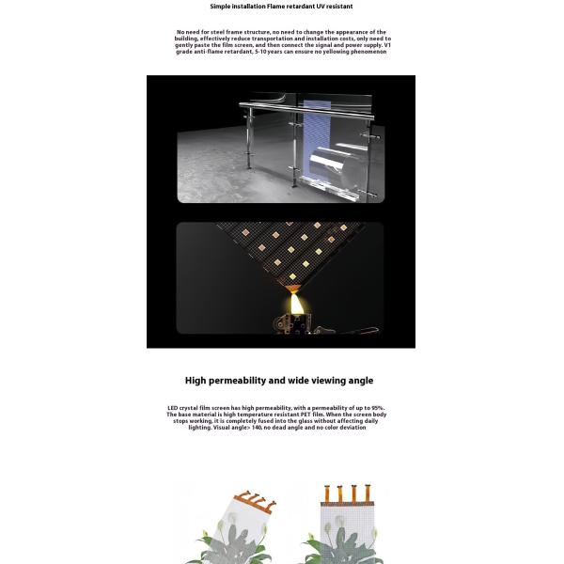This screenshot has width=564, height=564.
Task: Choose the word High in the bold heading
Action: pos(195,381)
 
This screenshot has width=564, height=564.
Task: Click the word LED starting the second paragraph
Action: pos(173,408)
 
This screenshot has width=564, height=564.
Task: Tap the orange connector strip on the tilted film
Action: pos(254,499)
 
